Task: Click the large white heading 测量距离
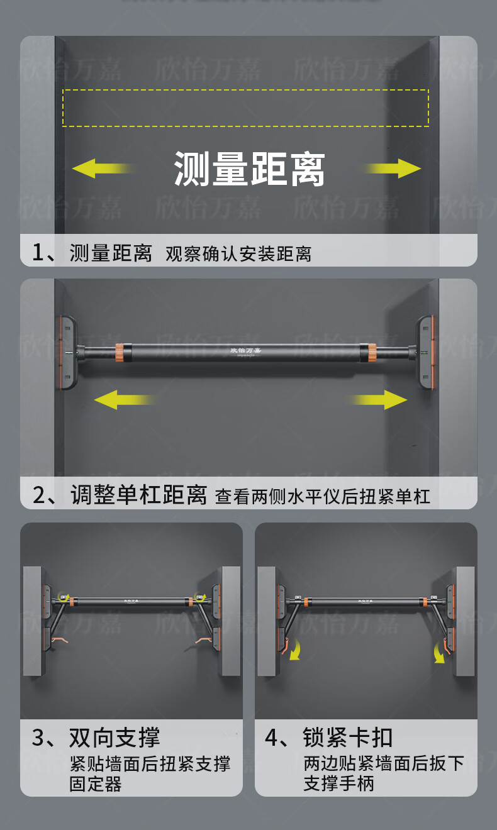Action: point(249,169)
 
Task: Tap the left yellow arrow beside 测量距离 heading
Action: point(104,169)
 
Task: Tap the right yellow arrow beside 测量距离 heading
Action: point(391,169)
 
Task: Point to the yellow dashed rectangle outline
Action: point(246,89)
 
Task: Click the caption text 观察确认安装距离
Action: point(238,254)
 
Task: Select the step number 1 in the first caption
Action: point(38,253)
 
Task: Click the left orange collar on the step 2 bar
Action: point(120,353)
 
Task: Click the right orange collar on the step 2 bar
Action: point(372,353)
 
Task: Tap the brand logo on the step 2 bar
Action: point(245,351)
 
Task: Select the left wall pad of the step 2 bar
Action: point(67,352)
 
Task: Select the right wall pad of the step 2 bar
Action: point(425,352)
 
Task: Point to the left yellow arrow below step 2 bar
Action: point(126,400)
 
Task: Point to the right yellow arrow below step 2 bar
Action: point(377,400)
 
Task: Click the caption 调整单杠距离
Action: point(138,495)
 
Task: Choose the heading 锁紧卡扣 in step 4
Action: point(348,738)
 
